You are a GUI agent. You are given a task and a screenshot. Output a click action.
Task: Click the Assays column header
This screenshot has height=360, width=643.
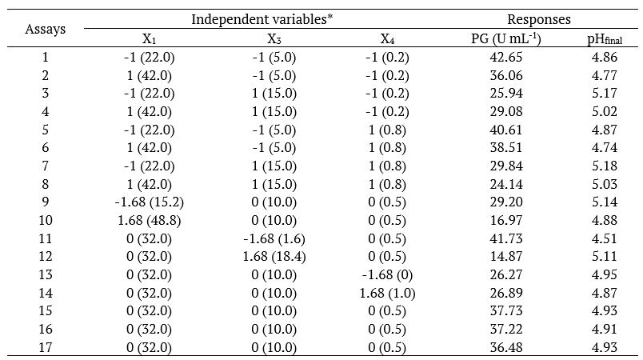click(x=45, y=30)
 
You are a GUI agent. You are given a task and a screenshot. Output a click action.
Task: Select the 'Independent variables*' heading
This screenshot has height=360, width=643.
click(x=261, y=18)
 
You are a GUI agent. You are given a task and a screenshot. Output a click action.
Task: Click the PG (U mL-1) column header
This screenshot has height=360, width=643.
click(x=502, y=39)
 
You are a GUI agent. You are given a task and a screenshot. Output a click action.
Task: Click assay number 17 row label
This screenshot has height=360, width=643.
click(x=45, y=348)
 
